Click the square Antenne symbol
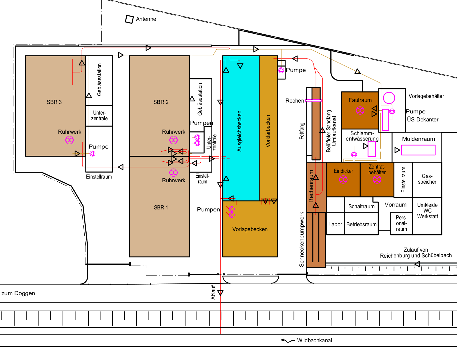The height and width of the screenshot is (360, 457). pyautogui.click(x=129, y=19)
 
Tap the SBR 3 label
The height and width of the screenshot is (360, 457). pyautogui.click(x=54, y=102)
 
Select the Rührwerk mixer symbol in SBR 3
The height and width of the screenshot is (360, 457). pyautogui.click(x=69, y=140)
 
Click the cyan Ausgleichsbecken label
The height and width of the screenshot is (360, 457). pyautogui.click(x=239, y=131)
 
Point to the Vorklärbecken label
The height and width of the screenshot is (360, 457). pyautogui.click(x=268, y=131)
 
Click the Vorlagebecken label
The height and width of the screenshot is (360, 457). pyautogui.click(x=250, y=229)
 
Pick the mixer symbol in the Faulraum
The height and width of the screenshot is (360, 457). pyautogui.click(x=360, y=110)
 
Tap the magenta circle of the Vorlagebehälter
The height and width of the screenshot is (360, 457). pyautogui.click(x=389, y=98)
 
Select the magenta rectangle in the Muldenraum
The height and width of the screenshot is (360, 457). pyautogui.click(x=418, y=150)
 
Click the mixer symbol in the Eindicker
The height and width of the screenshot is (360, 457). pyautogui.click(x=343, y=180)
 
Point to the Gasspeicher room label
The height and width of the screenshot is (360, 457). pyautogui.click(x=427, y=179)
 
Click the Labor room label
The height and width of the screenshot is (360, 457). pyautogui.click(x=335, y=224)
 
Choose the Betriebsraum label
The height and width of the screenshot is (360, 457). pyautogui.click(x=362, y=224)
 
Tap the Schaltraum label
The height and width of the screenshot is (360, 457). pyautogui.click(x=362, y=207)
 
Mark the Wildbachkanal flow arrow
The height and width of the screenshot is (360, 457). pyautogui.click(x=288, y=341)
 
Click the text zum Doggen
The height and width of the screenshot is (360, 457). pyautogui.click(x=18, y=293)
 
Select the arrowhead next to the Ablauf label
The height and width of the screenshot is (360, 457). pyautogui.click(x=220, y=293)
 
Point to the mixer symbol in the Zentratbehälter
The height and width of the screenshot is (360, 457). pyautogui.click(x=377, y=180)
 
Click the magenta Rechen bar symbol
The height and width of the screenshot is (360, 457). pyautogui.click(x=313, y=101)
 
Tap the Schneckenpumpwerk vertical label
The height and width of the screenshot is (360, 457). pyautogui.click(x=302, y=239)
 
